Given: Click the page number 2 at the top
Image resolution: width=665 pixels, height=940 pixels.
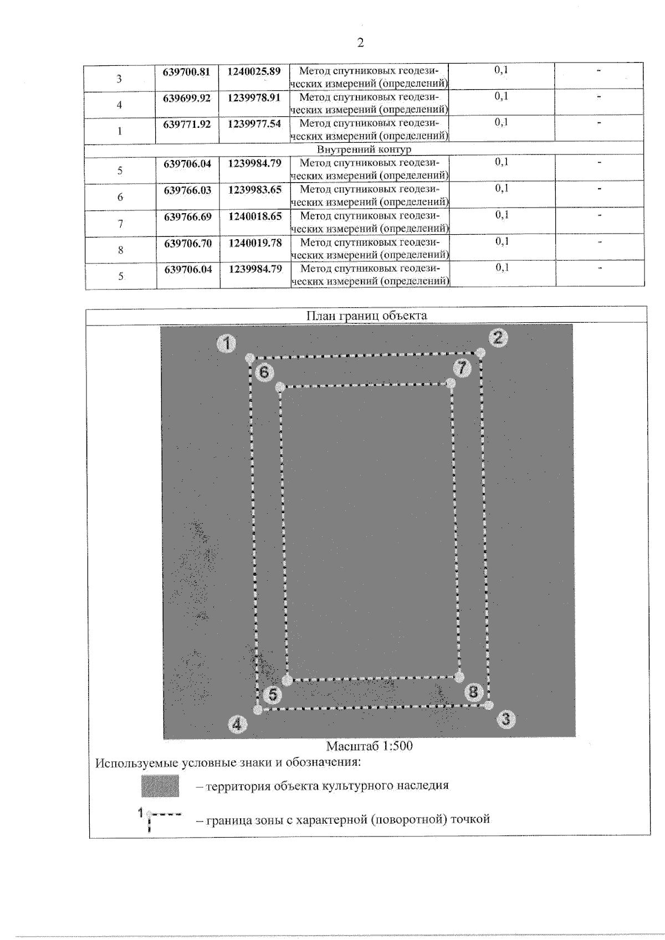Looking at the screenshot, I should (x=360, y=43).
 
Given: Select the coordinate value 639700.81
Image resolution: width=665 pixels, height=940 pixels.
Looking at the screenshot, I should (x=187, y=72).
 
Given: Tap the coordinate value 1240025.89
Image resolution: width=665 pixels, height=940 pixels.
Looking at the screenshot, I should (x=254, y=71).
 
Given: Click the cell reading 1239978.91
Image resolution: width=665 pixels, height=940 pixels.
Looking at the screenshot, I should (x=254, y=98).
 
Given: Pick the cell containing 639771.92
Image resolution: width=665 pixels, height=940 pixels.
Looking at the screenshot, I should (x=187, y=124).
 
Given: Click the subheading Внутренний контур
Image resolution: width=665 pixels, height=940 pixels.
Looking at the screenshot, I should (x=364, y=149).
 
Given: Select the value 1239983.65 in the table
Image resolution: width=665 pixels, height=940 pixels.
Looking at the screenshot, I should (x=255, y=190).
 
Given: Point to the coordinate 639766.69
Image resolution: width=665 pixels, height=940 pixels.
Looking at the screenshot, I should (x=188, y=216).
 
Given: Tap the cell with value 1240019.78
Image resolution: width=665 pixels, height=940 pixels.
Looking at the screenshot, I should (x=255, y=243).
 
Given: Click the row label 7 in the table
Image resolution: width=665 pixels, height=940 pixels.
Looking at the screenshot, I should (x=120, y=224).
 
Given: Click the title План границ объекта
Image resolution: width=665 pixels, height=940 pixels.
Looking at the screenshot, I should (x=367, y=316).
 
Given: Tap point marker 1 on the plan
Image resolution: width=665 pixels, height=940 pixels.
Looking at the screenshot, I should (x=226, y=343).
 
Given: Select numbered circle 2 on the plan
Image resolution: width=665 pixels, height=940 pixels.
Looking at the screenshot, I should (x=498, y=337).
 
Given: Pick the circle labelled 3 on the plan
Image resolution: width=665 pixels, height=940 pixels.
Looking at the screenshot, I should (x=505, y=720).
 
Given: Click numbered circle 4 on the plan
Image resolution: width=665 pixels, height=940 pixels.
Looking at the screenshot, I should (x=237, y=724).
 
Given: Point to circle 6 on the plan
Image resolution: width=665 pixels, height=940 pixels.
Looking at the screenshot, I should (x=264, y=372).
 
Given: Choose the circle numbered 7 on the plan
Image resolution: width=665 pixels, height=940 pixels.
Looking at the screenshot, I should (x=462, y=367).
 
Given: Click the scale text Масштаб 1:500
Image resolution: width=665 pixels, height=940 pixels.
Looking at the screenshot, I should (x=369, y=746).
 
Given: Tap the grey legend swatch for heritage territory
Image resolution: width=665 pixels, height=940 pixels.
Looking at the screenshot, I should (x=160, y=786).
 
